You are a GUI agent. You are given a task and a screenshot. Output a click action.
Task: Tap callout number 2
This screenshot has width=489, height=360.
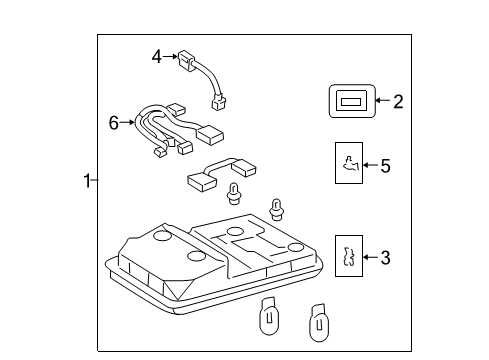click(397, 101)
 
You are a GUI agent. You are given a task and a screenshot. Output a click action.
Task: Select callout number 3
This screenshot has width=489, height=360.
click(385, 258)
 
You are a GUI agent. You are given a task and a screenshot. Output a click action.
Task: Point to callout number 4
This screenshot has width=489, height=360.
click(156, 57)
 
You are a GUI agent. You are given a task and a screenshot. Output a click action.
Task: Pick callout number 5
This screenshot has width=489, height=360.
click(385, 165)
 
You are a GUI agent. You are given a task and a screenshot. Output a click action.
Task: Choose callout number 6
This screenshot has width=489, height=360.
click(114, 123)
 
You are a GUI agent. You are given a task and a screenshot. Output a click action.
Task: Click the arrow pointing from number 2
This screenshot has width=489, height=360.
click(382, 101)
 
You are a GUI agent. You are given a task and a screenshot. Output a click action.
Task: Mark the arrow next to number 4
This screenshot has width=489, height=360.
click(171, 57)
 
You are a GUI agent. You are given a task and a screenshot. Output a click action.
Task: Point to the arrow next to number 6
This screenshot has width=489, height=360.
click(129, 123)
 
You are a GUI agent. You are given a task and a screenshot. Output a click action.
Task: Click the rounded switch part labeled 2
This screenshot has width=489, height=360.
click(351, 101)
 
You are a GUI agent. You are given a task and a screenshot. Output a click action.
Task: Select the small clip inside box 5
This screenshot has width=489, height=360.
click(349, 164)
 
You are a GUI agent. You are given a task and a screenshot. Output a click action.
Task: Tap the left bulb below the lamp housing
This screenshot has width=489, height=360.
click(270, 318)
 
